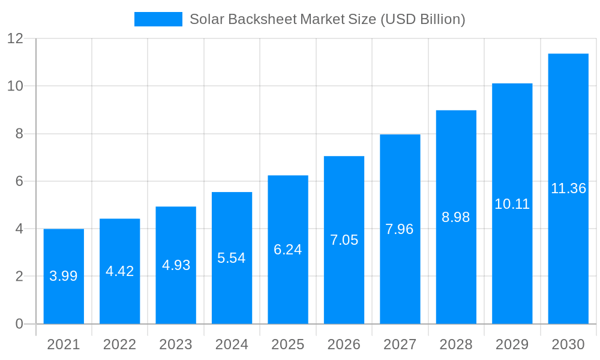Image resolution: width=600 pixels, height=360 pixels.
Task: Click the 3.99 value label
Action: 64,276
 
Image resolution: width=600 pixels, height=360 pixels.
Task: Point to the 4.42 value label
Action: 119,271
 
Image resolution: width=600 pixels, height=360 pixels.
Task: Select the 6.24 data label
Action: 288,250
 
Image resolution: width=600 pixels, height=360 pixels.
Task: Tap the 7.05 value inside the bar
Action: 344,240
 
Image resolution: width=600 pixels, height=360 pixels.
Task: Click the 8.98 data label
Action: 456,217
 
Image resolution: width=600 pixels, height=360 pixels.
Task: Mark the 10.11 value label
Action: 512,204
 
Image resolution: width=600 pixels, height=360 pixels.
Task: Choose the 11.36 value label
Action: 568,188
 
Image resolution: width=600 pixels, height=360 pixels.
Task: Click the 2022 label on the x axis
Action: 119,344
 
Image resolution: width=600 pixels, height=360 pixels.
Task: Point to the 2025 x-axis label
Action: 288,344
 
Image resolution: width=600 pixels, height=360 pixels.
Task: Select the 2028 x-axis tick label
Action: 456,344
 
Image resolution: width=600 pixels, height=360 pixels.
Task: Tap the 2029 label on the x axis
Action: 512,344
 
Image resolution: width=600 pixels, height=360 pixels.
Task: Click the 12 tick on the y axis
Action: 15,38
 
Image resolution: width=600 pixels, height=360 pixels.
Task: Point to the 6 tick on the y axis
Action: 19,181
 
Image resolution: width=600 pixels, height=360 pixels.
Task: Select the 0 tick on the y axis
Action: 19,324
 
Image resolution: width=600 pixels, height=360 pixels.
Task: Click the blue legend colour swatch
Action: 158,19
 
